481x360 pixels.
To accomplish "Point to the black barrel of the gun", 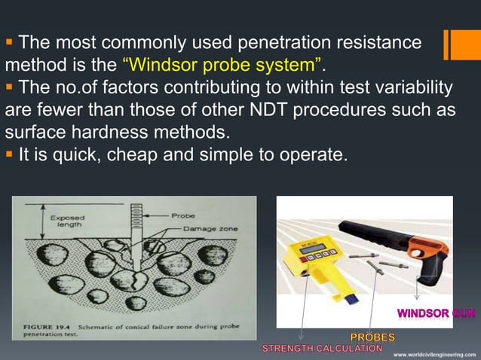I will (377, 226).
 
